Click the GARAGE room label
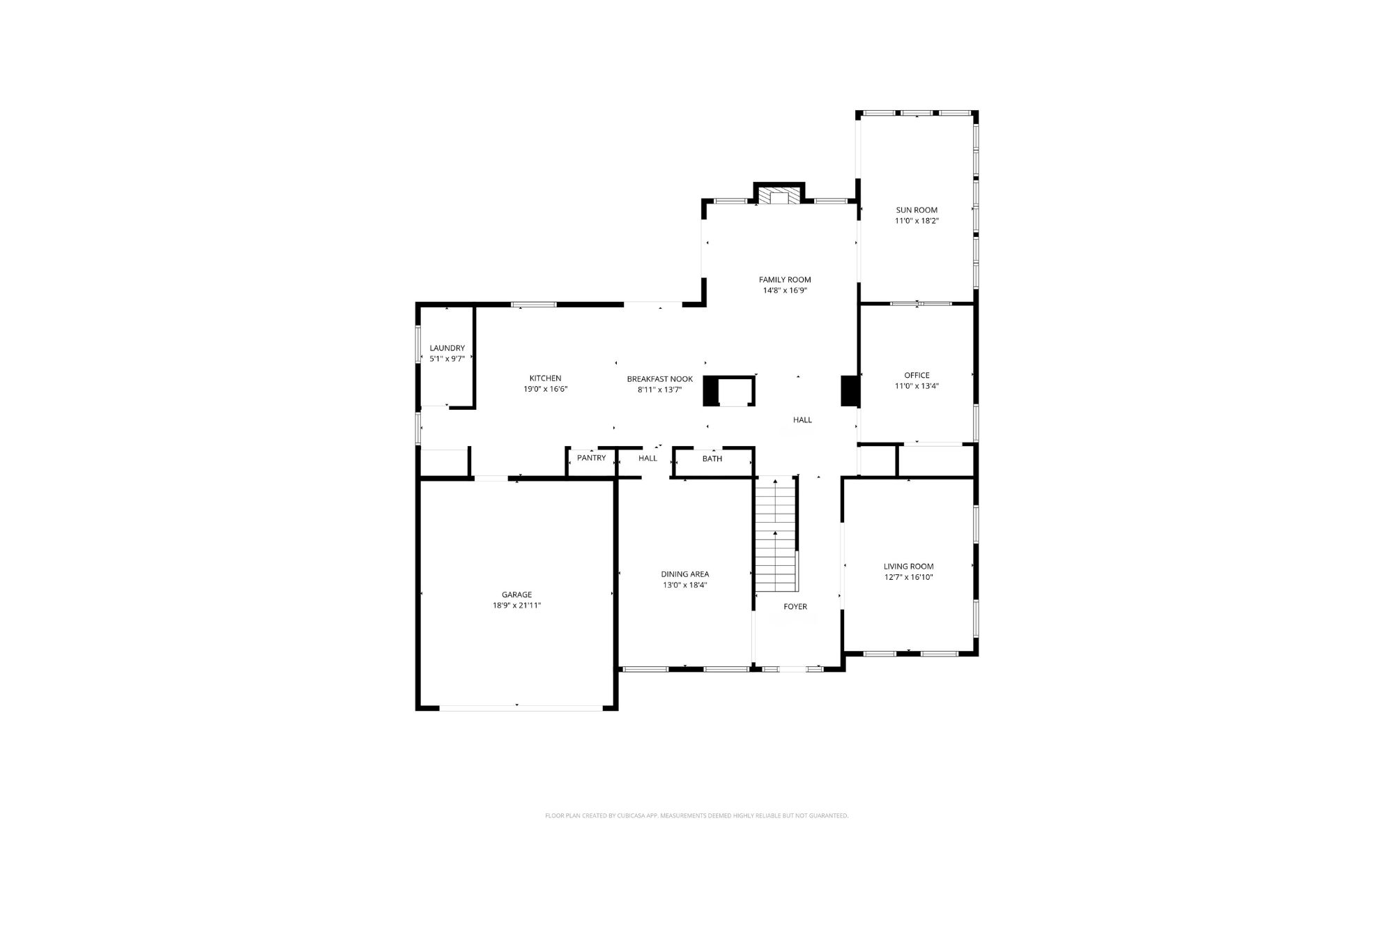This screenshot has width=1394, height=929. pos(516,594)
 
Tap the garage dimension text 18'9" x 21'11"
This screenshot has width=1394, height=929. pos(516,606)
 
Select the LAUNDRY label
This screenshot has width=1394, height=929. pos(447,348)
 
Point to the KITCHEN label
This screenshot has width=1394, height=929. pos(545,378)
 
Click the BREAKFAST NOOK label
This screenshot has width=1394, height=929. pos(659,379)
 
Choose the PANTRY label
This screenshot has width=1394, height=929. pos(591,458)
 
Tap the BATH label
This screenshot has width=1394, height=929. pos(712,459)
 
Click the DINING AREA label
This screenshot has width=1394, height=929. pos(685,574)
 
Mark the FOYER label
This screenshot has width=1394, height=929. pos(795,606)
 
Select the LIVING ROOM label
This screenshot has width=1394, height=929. pos(908,567)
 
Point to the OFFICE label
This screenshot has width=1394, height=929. pos(917,375)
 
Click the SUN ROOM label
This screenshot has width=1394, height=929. pos(917,210)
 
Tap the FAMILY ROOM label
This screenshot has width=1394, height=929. pos(785,279)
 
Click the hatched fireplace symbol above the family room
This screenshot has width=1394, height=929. pos(779,196)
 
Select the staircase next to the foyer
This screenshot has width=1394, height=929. pos(776,535)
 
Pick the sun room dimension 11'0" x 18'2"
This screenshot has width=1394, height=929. pos(917,221)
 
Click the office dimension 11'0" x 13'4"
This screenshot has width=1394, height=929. pos(917,386)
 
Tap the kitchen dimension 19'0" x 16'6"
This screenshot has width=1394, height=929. pos(546,390)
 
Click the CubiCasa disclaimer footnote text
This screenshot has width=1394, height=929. pos(696,815)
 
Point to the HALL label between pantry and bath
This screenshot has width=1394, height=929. pos(648,458)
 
